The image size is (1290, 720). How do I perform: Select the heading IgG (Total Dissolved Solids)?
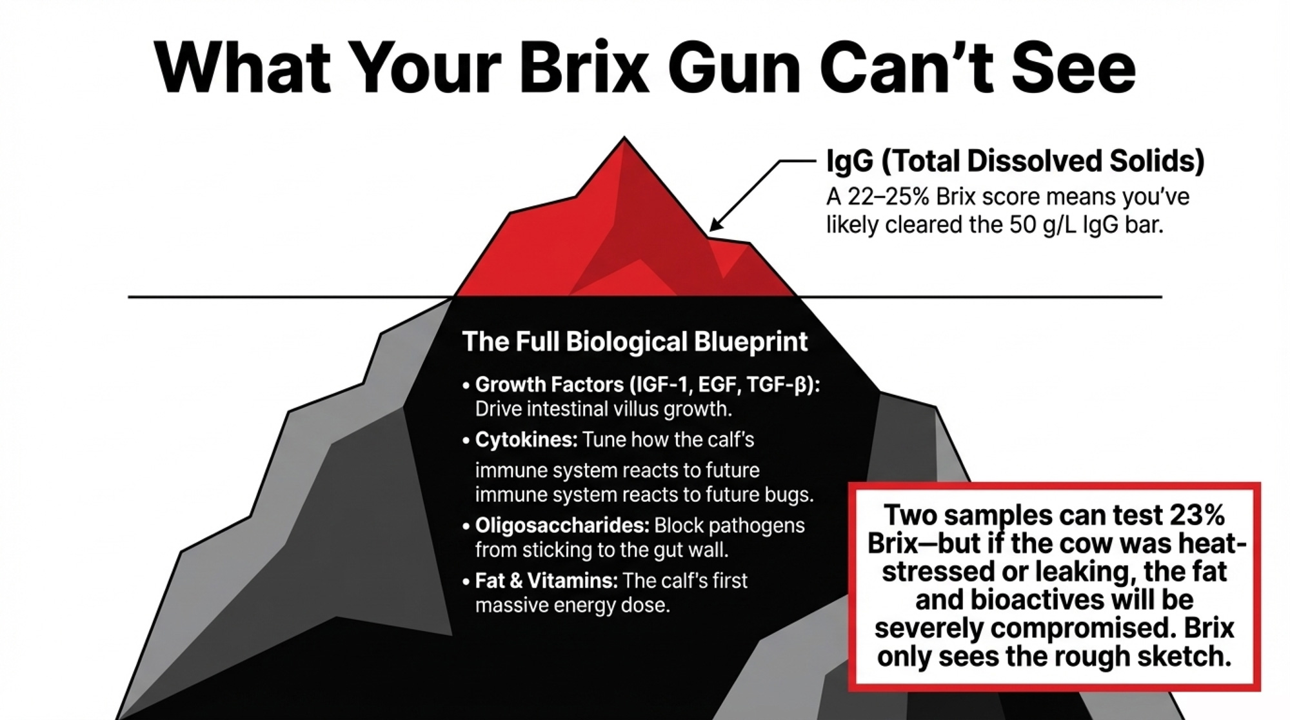1015,161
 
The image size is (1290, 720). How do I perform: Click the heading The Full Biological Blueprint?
635,341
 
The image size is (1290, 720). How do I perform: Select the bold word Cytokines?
526,440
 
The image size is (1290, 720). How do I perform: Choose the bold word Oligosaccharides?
562,525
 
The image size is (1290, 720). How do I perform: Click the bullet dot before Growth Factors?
466,386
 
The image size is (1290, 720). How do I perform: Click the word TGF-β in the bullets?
780,385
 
